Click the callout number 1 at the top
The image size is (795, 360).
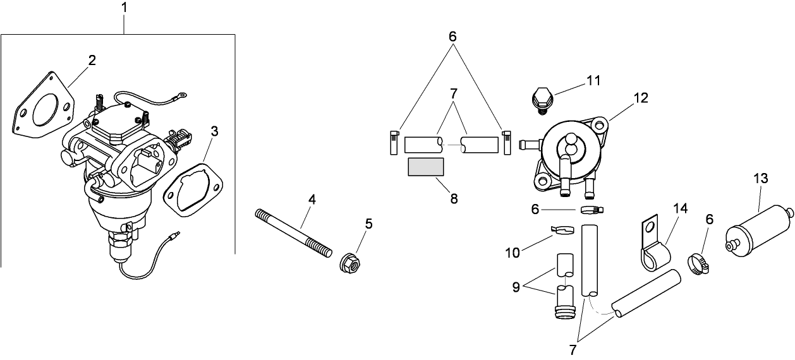124,8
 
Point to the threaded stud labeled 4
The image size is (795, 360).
293,233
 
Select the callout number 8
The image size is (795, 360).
454,198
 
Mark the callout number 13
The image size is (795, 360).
761,179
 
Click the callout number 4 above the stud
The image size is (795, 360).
312,200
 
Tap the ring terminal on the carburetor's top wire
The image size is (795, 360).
181,96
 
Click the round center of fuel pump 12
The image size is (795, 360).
568,149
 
